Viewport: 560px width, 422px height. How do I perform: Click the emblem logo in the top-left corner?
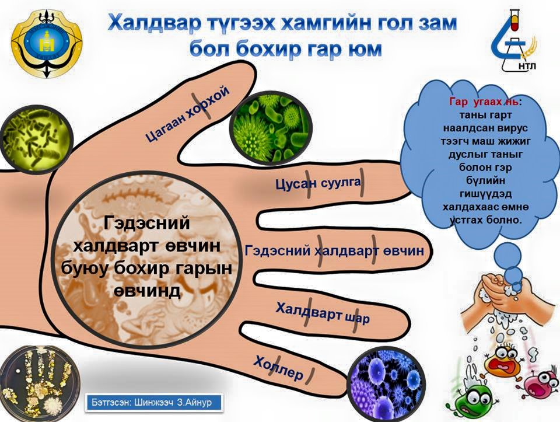[47, 43]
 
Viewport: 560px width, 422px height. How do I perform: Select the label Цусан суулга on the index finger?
[318, 184]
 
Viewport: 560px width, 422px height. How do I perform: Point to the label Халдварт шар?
[323, 313]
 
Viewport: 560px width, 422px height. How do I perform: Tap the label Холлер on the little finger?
[279, 368]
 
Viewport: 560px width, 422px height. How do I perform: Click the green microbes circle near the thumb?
[270, 128]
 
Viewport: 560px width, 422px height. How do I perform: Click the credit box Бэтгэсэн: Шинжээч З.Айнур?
[154, 403]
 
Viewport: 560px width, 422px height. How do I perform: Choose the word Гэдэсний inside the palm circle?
[147, 224]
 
